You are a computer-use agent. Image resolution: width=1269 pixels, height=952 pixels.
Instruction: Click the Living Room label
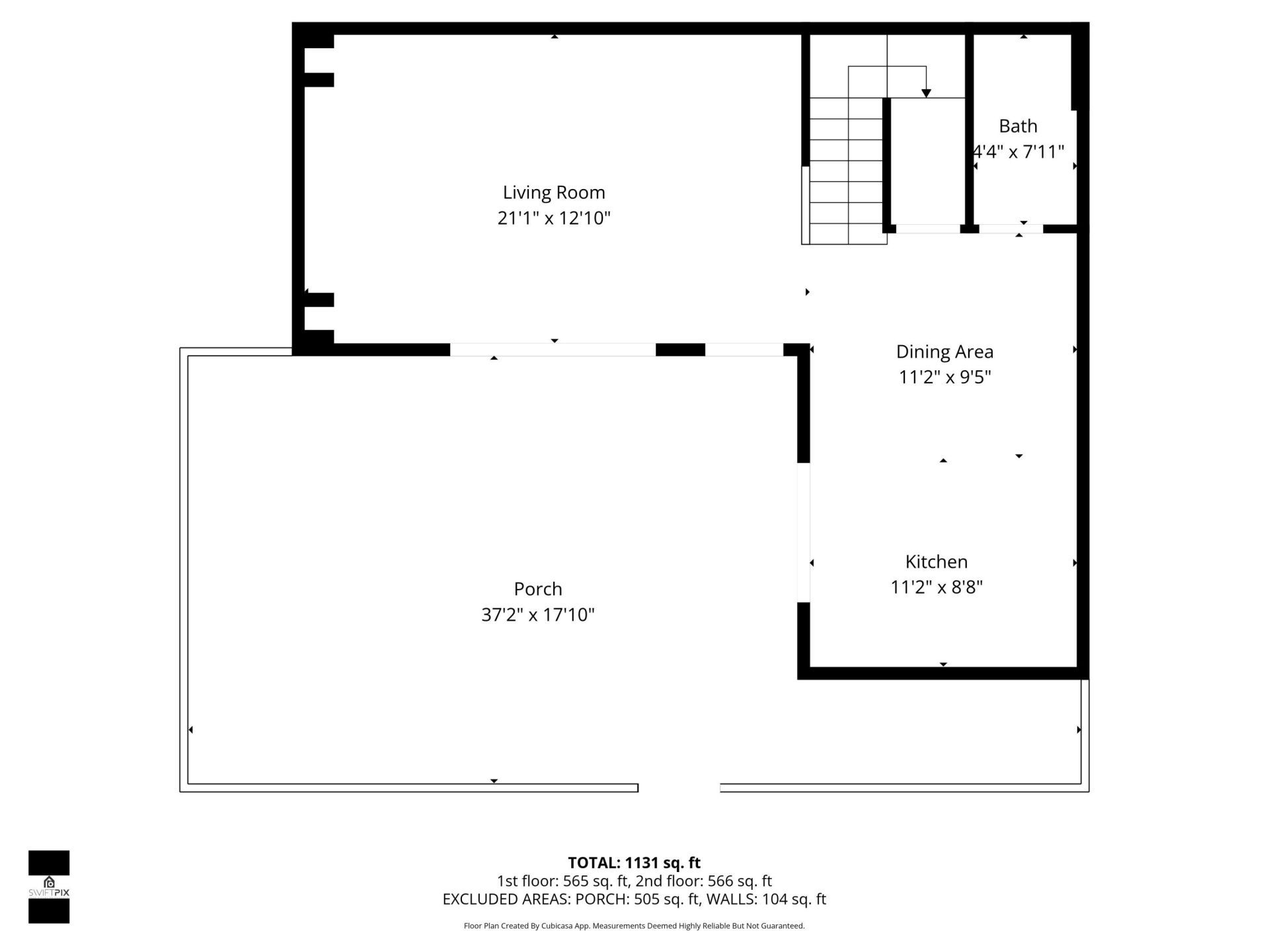[x=554, y=192]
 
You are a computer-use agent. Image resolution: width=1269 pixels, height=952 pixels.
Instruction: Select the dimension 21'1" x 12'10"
[x=554, y=218]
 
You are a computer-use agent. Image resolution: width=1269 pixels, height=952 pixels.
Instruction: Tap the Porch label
[x=537, y=589]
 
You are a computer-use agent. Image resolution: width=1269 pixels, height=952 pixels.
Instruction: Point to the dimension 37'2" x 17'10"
[x=537, y=615]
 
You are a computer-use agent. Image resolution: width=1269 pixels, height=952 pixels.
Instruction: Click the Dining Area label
[x=944, y=352]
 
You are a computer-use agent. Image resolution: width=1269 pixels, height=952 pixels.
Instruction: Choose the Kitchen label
[x=936, y=562]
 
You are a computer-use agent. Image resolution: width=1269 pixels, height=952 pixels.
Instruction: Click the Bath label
[x=1018, y=126]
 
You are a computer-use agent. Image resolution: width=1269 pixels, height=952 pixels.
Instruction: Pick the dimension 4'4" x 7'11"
[x=1019, y=152]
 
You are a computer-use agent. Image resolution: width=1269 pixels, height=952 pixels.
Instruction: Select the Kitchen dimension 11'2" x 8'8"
[x=936, y=587]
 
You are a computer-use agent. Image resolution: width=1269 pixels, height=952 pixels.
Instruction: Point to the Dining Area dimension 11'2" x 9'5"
[x=944, y=377]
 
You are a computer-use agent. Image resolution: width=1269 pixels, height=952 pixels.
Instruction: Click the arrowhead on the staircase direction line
[x=926, y=93]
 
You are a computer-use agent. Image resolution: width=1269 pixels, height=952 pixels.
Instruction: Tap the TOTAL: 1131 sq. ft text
[x=634, y=863]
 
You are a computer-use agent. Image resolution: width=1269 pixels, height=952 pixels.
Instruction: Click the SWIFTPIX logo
[x=49, y=887]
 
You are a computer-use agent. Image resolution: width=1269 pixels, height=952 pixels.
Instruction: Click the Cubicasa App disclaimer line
[x=634, y=926]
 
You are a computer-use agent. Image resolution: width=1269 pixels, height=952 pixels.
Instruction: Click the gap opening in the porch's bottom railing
[x=679, y=787]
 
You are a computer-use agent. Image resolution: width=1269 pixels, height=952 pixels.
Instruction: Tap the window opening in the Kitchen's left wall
[x=803, y=533]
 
